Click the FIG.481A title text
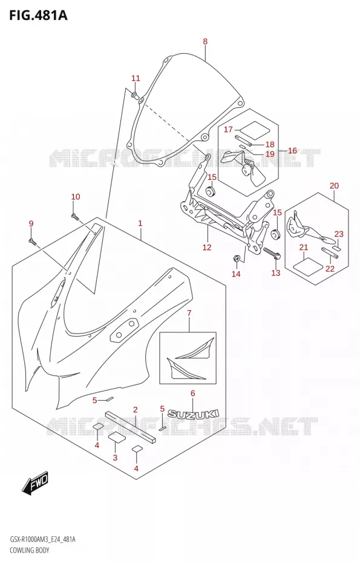[x=34, y=15]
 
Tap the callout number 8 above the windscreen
[x=205, y=41]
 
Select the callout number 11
[x=136, y=78]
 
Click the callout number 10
[x=76, y=197]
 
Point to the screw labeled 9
[x=32, y=242]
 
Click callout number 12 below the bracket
[x=207, y=247]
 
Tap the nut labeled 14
[x=237, y=258]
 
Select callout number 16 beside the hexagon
[x=292, y=150]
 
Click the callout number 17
[x=228, y=130]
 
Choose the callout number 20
[x=334, y=186]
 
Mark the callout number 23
[x=339, y=234]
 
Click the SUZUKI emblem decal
[x=194, y=414]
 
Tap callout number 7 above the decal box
[x=189, y=313]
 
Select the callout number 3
[x=115, y=457]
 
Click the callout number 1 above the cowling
[x=140, y=223]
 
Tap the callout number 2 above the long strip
[x=136, y=410]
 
